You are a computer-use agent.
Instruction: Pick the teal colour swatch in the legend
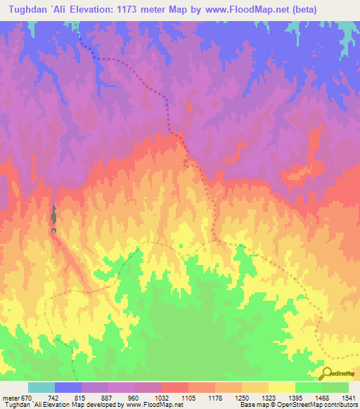pyautogui.click(x=41, y=387)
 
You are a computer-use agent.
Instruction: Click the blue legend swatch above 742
pyautogui.click(x=68, y=387)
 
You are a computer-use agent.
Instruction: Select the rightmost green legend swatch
pyautogui.click(x=335, y=387)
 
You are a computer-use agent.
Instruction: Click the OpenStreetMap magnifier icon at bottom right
pyautogui.click(x=326, y=373)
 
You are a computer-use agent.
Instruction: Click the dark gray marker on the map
pyautogui.click(x=53, y=219)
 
